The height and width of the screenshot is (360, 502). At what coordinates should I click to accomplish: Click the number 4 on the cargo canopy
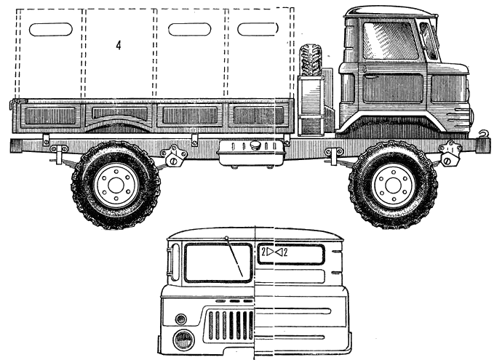[119, 45]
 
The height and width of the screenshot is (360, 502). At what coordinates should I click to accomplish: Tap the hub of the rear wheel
[116, 185]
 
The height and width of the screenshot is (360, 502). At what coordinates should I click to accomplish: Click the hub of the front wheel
[393, 185]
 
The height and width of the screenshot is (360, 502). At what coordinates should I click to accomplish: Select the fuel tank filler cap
[255, 145]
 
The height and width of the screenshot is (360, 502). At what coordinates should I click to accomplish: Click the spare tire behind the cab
[311, 61]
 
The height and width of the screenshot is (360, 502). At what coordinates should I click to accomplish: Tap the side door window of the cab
[391, 41]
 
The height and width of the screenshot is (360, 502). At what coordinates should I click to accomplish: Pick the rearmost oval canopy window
[51, 29]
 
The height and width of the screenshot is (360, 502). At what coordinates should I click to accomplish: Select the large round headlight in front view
[184, 340]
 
